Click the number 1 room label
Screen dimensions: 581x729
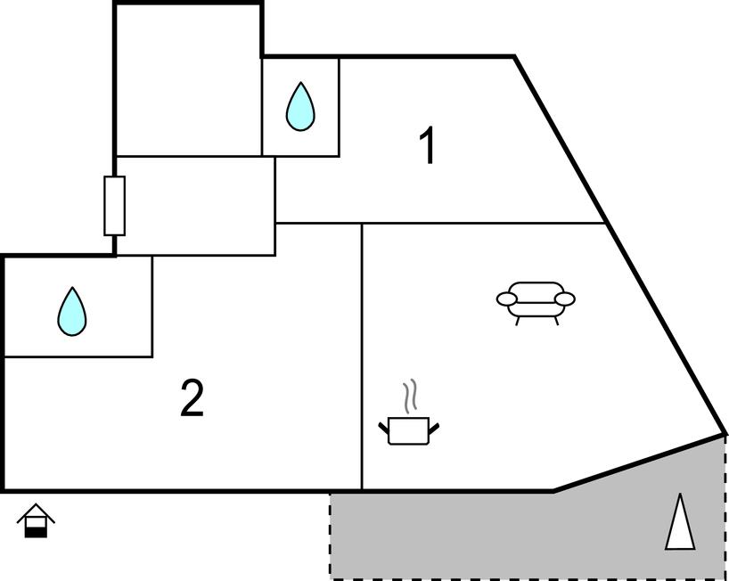coord(429,147)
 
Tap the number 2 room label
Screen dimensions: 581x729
coord(192,398)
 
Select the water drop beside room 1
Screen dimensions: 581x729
coord(300,107)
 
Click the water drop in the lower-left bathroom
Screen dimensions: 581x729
coord(72,311)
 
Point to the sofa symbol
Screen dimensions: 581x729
coord(536,301)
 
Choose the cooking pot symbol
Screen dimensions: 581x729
coord(409,430)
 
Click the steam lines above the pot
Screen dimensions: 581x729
coord(409,397)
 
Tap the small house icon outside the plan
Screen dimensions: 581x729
coord(36,521)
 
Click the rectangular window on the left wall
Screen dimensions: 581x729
coord(114,206)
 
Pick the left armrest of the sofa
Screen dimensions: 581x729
coord(507,299)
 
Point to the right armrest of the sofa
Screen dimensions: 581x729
coord(564,299)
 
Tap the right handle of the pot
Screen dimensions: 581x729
coord(434,429)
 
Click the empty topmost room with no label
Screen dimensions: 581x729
coord(188,80)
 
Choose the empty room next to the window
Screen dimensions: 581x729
coord(196,206)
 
